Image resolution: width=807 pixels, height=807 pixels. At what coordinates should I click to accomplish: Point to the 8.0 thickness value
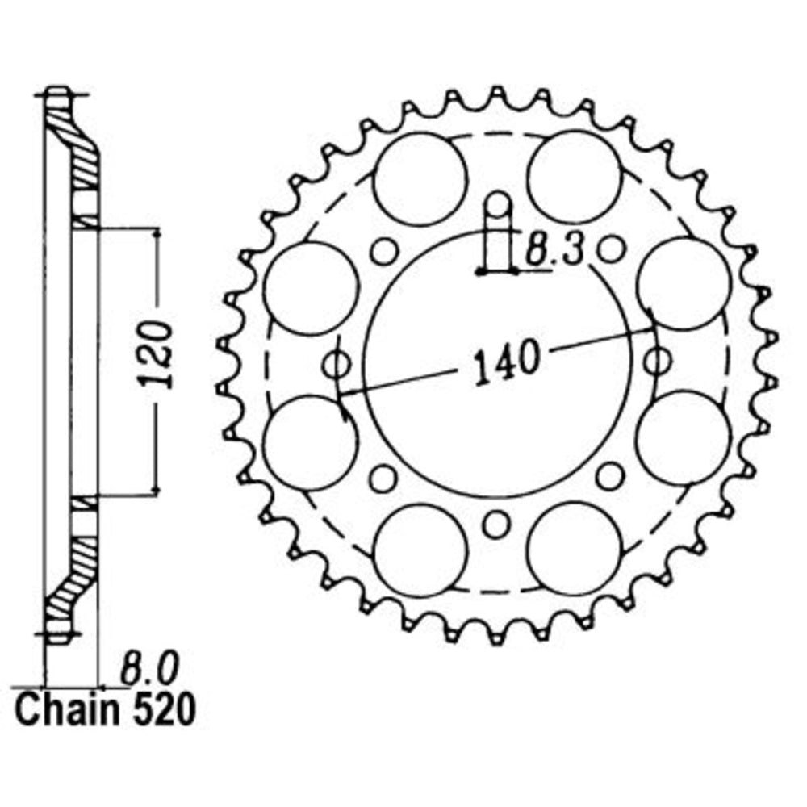click(x=145, y=668)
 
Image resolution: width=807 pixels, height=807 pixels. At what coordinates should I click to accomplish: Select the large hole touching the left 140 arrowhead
click(x=310, y=443)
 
